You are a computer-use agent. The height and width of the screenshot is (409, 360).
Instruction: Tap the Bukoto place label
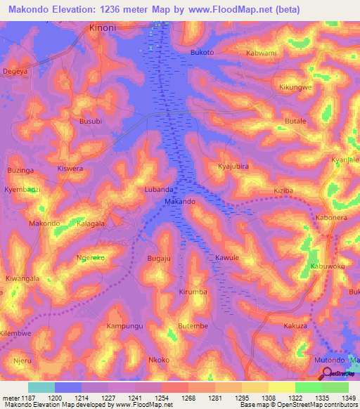click(x=202, y=53)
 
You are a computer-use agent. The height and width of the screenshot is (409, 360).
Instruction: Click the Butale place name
click(x=295, y=122)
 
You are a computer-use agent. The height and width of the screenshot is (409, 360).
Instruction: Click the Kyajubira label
click(x=233, y=167)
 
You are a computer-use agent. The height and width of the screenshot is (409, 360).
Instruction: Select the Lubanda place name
click(x=158, y=190)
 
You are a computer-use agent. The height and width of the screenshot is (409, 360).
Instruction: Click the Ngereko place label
click(x=91, y=258)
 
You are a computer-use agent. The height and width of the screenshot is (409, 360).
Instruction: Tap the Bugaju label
click(x=159, y=259)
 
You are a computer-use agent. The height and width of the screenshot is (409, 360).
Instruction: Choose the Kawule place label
click(x=227, y=258)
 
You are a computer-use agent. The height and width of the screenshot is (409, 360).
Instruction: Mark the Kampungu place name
click(x=124, y=327)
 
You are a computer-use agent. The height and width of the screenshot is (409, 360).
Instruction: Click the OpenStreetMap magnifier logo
click(x=328, y=372)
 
